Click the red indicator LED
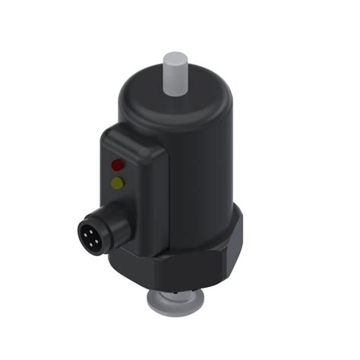[x=118, y=163]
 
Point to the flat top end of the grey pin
[x=175, y=57]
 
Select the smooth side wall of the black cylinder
[x=205, y=167]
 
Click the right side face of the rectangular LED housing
[x=159, y=197]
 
